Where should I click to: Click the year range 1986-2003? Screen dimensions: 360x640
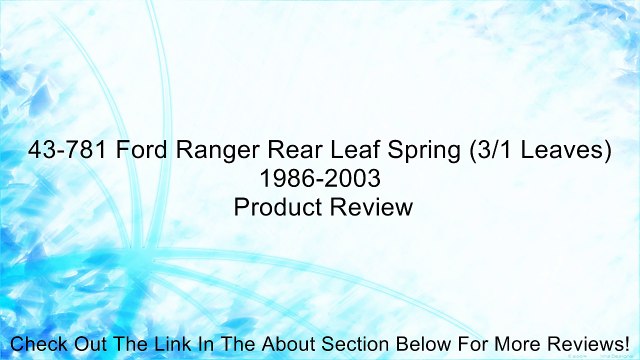[x=320, y=180]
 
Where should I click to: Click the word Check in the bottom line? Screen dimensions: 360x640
[x=39, y=344]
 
